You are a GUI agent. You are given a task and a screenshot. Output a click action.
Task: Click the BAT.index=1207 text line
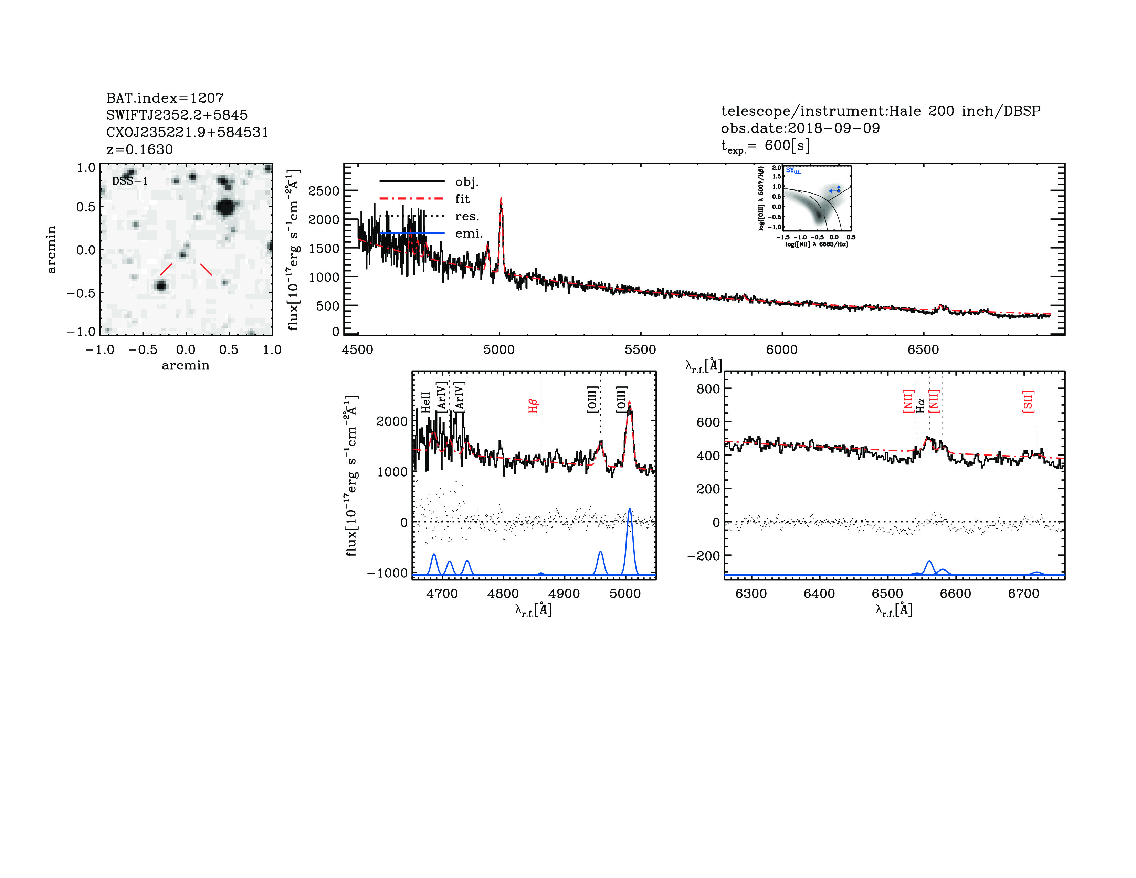[165, 98]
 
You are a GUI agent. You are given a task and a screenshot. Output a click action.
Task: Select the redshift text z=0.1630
[139, 149]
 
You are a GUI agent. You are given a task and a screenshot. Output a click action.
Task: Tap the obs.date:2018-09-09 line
[800, 128]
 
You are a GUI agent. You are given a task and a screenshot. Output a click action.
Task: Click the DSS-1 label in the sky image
[130, 181]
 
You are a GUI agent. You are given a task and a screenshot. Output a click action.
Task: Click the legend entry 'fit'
[462, 199]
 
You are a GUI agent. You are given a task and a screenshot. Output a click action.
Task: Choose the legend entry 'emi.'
[469, 233]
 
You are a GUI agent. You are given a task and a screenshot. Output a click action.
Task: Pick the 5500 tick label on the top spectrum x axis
[640, 349]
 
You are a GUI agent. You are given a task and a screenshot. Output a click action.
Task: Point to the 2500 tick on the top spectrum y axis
[324, 191]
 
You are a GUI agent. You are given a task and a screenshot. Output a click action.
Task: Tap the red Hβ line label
[533, 406]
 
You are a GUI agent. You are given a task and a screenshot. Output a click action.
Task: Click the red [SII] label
[1027, 401]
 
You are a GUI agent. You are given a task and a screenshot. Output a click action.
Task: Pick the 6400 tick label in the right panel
[819, 594]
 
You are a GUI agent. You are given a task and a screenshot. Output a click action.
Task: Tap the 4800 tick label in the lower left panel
[503, 594]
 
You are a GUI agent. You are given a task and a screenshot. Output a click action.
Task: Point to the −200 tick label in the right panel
[703, 555]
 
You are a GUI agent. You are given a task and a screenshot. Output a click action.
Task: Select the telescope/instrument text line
[880, 111]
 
